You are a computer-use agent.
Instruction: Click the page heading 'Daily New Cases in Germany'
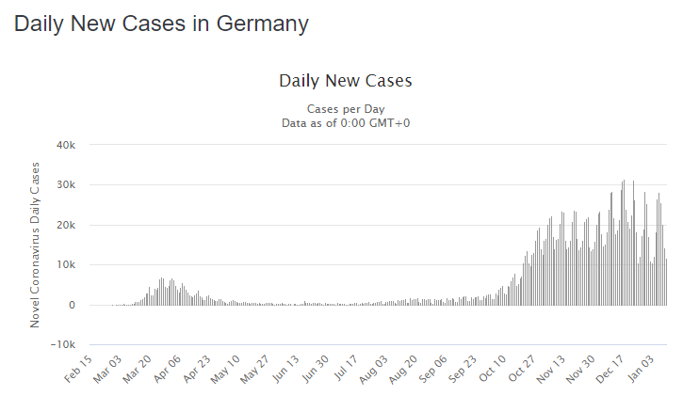[161, 24]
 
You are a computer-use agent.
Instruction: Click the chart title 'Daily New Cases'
[345, 81]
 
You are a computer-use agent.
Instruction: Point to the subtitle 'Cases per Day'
[345, 108]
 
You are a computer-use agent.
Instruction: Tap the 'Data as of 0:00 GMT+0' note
[345, 122]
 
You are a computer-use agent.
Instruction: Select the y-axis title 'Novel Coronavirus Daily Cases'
[36, 245]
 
